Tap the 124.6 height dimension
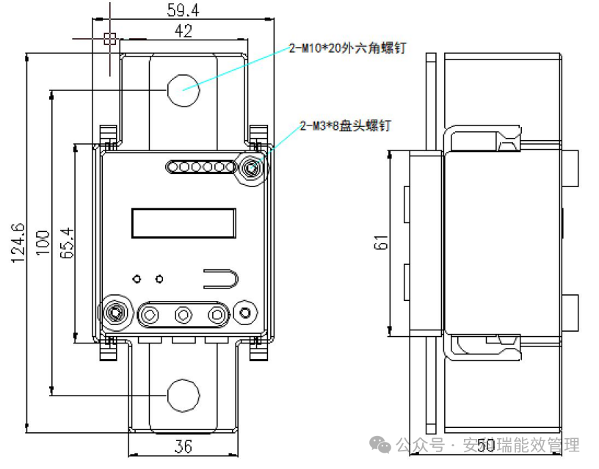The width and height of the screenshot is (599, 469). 18,241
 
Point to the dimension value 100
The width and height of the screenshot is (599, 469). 43,241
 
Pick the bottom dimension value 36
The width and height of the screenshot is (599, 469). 184,445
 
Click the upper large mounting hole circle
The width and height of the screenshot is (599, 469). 183,90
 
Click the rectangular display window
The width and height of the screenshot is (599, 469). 184,223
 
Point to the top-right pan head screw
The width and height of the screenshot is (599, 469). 253,168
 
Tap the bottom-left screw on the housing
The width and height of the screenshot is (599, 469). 115,313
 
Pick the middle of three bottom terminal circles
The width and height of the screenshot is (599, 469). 183,315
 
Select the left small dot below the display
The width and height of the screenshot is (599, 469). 137,279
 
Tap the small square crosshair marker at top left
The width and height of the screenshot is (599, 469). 110,38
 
